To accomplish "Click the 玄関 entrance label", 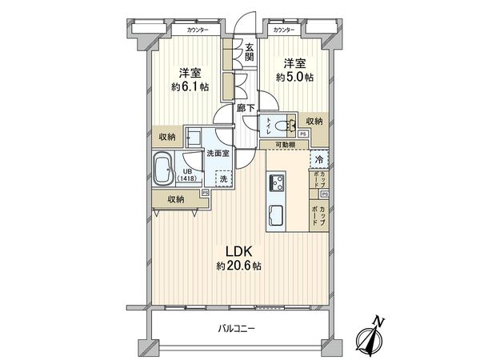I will (250, 52).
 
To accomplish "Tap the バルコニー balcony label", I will (241, 328).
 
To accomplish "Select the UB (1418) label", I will (186, 176).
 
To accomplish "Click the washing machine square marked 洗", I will (224, 180).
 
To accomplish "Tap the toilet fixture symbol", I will (273, 123).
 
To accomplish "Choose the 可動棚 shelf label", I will (286, 145).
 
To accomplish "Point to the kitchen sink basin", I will (276, 216).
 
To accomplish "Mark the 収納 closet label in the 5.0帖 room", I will (315, 121).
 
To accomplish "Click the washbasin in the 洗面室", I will (194, 134).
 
